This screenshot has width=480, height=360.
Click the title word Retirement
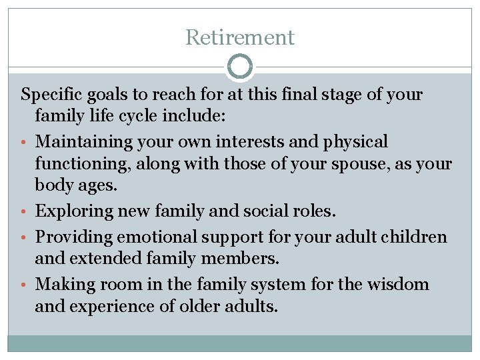point(240,37)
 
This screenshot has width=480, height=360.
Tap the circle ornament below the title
point(240,67)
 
